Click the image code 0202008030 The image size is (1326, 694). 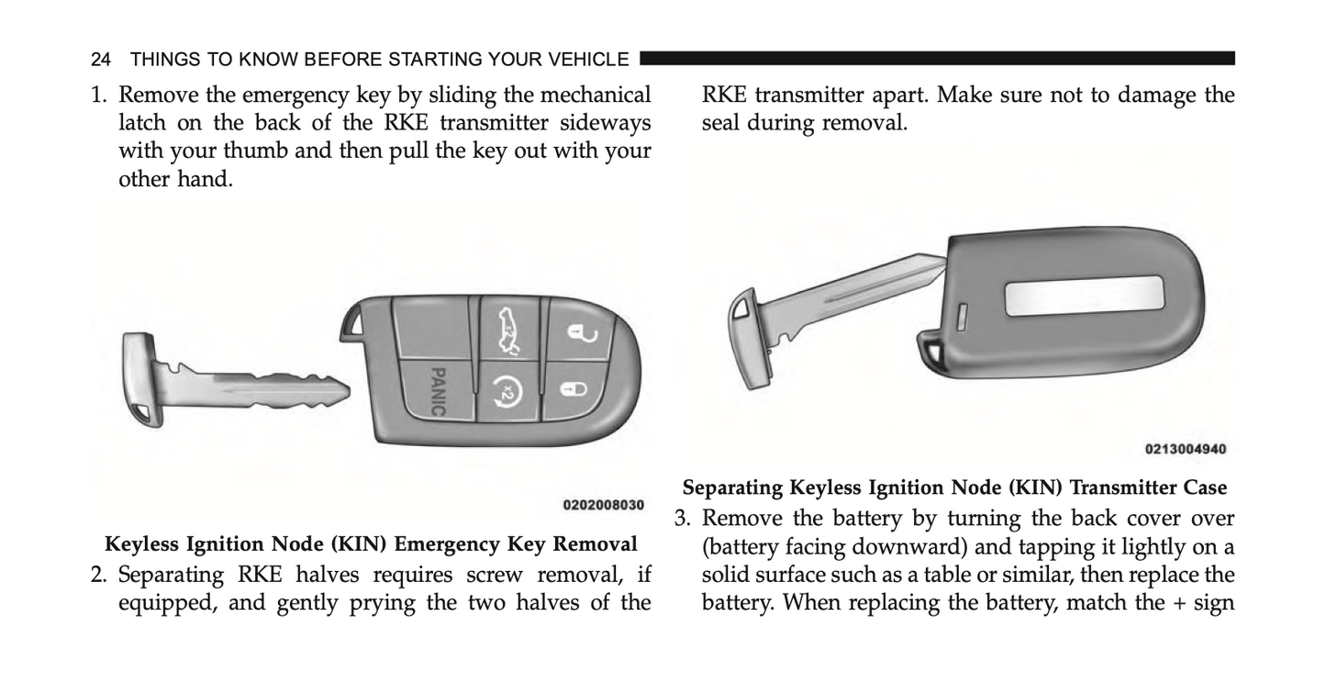click(604, 505)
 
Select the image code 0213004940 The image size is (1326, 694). click(1186, 449)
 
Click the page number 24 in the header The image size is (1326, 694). click(101, 60)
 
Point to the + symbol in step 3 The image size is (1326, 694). click(1177, 603)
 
